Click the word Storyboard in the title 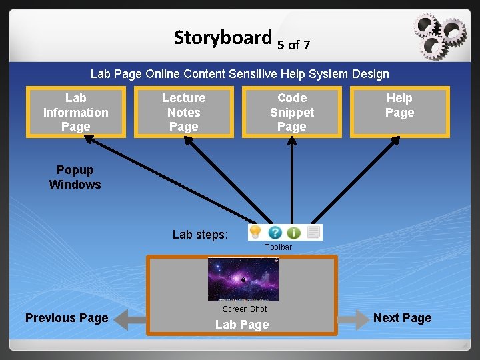click(223, 38)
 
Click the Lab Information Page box click(75, 112)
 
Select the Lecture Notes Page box click(183, 112)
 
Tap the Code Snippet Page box click(291, 112)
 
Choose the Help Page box click(399, 112)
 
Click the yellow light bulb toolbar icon click(255, 232)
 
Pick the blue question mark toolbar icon click(275, 233)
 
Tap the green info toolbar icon click(293, 233)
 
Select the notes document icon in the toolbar click(313, 232)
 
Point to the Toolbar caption click(278, 247)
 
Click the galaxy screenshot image click(243, 279)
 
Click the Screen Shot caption click(244, 309)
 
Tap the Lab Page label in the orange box click(242, 325)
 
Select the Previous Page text click(67, 318)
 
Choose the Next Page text click(402, 318)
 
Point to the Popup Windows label click(75, 177)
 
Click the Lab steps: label click(200, 235)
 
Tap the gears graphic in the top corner click(438, 34)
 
